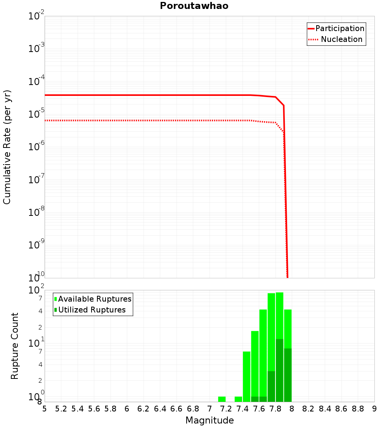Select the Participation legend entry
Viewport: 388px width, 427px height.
click(x=340, y=28)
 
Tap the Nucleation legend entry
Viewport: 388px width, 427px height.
click(x=341, y=39)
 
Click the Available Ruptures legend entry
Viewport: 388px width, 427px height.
click(x=95, y=299)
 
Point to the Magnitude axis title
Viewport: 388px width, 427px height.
click(x=210, y=420)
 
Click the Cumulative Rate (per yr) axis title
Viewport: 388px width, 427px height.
click(x=7, y=147)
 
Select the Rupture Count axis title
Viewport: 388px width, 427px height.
click(x=15, y=346)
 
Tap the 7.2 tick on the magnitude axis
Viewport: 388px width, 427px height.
click(x=226, y=409)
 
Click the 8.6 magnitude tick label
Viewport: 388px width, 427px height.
click(x=341, y=409)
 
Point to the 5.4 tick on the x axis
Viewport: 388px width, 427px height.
click(x=78, y=409)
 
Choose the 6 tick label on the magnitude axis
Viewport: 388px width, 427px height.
click(x=127, y=409)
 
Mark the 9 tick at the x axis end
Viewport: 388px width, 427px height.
click(x=374, y=409)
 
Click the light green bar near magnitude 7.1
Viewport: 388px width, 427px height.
click(x=222, y=399)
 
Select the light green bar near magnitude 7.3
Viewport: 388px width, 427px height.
click(x=238, y=399)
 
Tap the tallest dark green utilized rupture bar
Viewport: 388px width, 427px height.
click(x=279, y=371)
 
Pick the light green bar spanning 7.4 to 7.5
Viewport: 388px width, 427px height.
click(x=246, y=377)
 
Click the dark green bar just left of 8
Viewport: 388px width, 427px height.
click(x=288, y=375)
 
